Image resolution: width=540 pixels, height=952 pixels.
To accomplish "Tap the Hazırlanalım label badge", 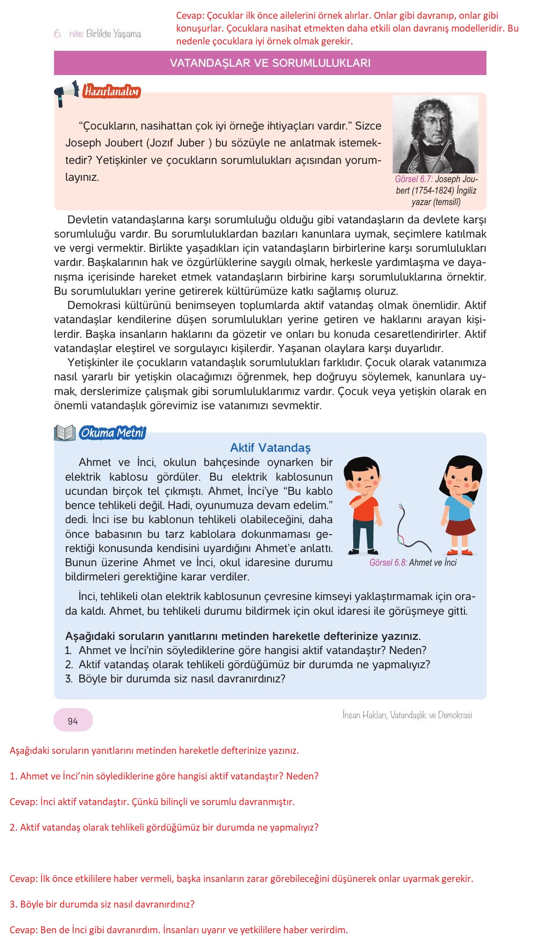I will (x=111, y=92).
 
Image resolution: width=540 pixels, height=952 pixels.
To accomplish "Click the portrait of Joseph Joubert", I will (x=435, y=134).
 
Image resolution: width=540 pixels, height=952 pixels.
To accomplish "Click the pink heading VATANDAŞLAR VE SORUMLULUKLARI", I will (x=270, y=63).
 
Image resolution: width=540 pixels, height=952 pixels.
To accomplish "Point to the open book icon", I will (x=65, y=433).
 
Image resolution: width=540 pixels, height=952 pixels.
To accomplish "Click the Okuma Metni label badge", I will (x=112, y=433).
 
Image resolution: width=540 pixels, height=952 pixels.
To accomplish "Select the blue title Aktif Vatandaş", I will (x=270, y=448).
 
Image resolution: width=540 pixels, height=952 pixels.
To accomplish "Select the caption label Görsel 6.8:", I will (x=388, y=563).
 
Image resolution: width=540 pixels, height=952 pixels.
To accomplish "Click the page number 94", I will (x=73, y=721).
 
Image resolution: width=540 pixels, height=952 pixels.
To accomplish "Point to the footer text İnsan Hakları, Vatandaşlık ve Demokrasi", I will (x=407, y=715).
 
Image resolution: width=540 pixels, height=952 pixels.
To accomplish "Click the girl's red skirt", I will (x=460, y=526).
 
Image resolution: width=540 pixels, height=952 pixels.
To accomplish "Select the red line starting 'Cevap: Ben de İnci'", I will (x=178, y=930).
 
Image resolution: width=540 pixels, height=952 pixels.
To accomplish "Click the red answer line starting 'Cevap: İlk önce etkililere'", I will (x=241, y=879).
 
